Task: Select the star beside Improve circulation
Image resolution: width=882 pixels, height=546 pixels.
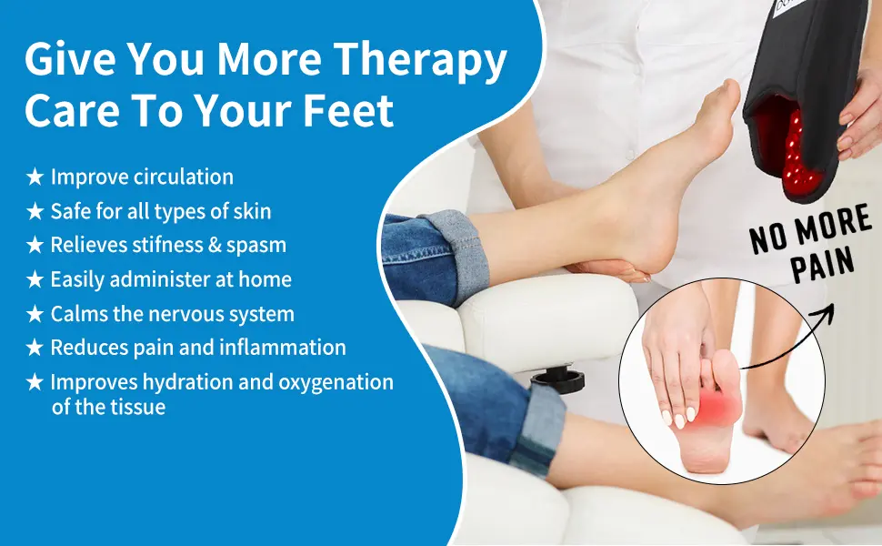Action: pyautogui.click(x=35, y=177)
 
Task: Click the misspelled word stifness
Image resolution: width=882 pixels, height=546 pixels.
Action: pyautogui.click(x=167, y=245)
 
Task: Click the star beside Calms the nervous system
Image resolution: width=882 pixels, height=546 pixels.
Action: pyautogui.click(x=35, y=314)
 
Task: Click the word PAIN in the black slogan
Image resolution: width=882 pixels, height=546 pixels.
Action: pyautogui.click(x=823, y=265)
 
